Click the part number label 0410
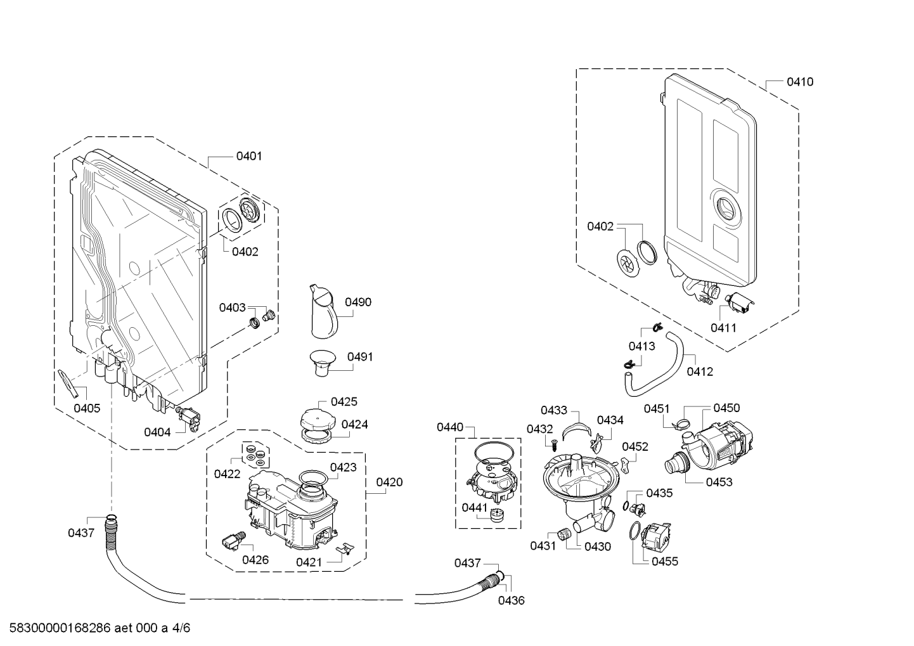tap(799, 82)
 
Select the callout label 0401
tap(248, 156)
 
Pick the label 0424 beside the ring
tap(354, 424)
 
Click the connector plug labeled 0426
tap(231, 541)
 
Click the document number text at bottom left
tap(95, 628)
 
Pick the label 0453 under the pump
tap(719, 482)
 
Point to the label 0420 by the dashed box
tap(389, 482)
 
